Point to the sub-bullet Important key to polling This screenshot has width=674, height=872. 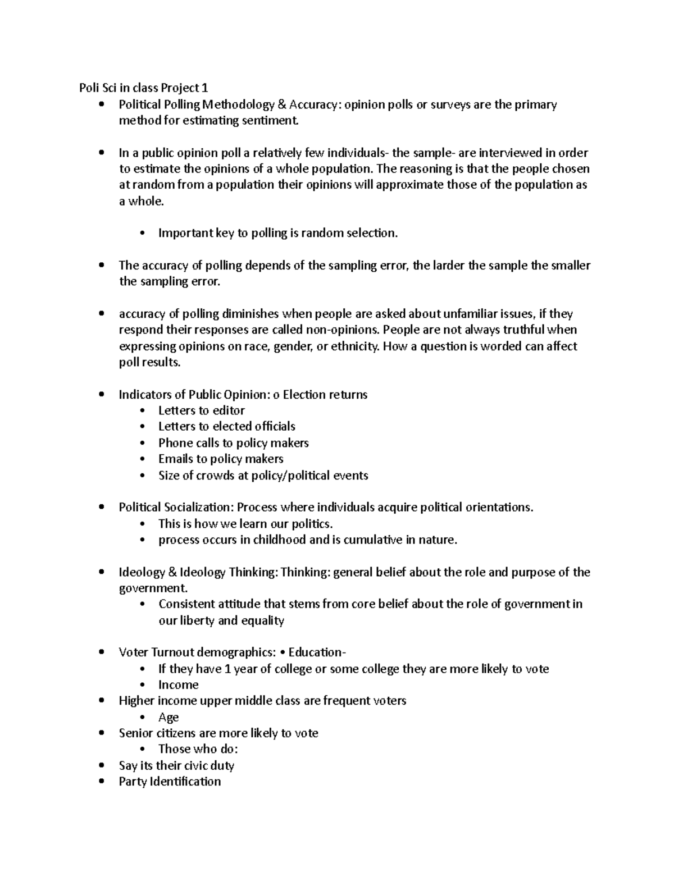tap(277, 233)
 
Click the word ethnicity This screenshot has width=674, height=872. tap(355, 346)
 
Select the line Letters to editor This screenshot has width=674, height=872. tap(201, 410)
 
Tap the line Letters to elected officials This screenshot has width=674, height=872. tap(226, 426)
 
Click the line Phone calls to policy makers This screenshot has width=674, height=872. tap(233, 443)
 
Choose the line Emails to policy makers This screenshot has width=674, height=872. tap(221, 459)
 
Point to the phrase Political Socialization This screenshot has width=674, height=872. tap(175, 508)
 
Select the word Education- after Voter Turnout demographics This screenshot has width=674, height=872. tap(317, 652)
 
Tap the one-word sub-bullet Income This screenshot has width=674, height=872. tap(178, 685)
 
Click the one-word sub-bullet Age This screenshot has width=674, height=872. tap(168, 717)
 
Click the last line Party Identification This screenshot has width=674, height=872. tap(170, 782)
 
